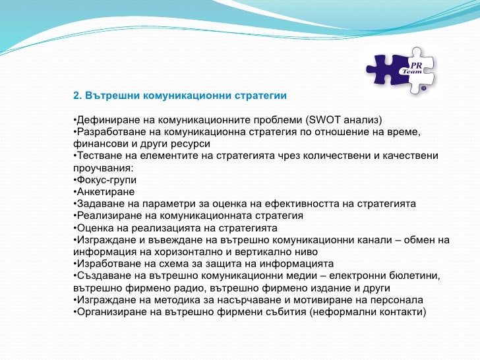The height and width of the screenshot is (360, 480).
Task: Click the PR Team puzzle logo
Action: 401,71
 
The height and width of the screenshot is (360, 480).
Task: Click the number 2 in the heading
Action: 76,96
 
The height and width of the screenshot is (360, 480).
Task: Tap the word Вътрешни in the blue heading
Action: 113,96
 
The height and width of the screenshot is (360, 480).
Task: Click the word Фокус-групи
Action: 107,180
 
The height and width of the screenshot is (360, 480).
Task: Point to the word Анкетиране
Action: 105,192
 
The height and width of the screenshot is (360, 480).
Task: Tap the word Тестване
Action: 104,156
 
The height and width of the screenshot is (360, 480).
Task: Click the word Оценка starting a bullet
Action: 96,228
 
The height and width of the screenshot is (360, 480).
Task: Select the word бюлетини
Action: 415,276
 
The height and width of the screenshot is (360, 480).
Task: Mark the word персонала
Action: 397,300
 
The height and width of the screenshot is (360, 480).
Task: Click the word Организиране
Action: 111,313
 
